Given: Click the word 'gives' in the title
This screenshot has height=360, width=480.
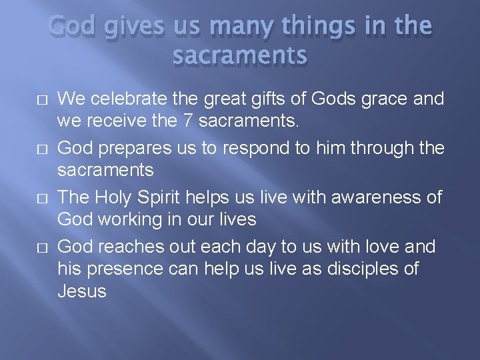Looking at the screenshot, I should (119, 27).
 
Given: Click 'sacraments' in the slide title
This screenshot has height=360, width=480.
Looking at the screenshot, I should (240, 56).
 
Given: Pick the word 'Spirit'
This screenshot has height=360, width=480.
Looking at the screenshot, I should (161, 198).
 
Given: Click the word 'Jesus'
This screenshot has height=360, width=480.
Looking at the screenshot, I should (82, 291).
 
